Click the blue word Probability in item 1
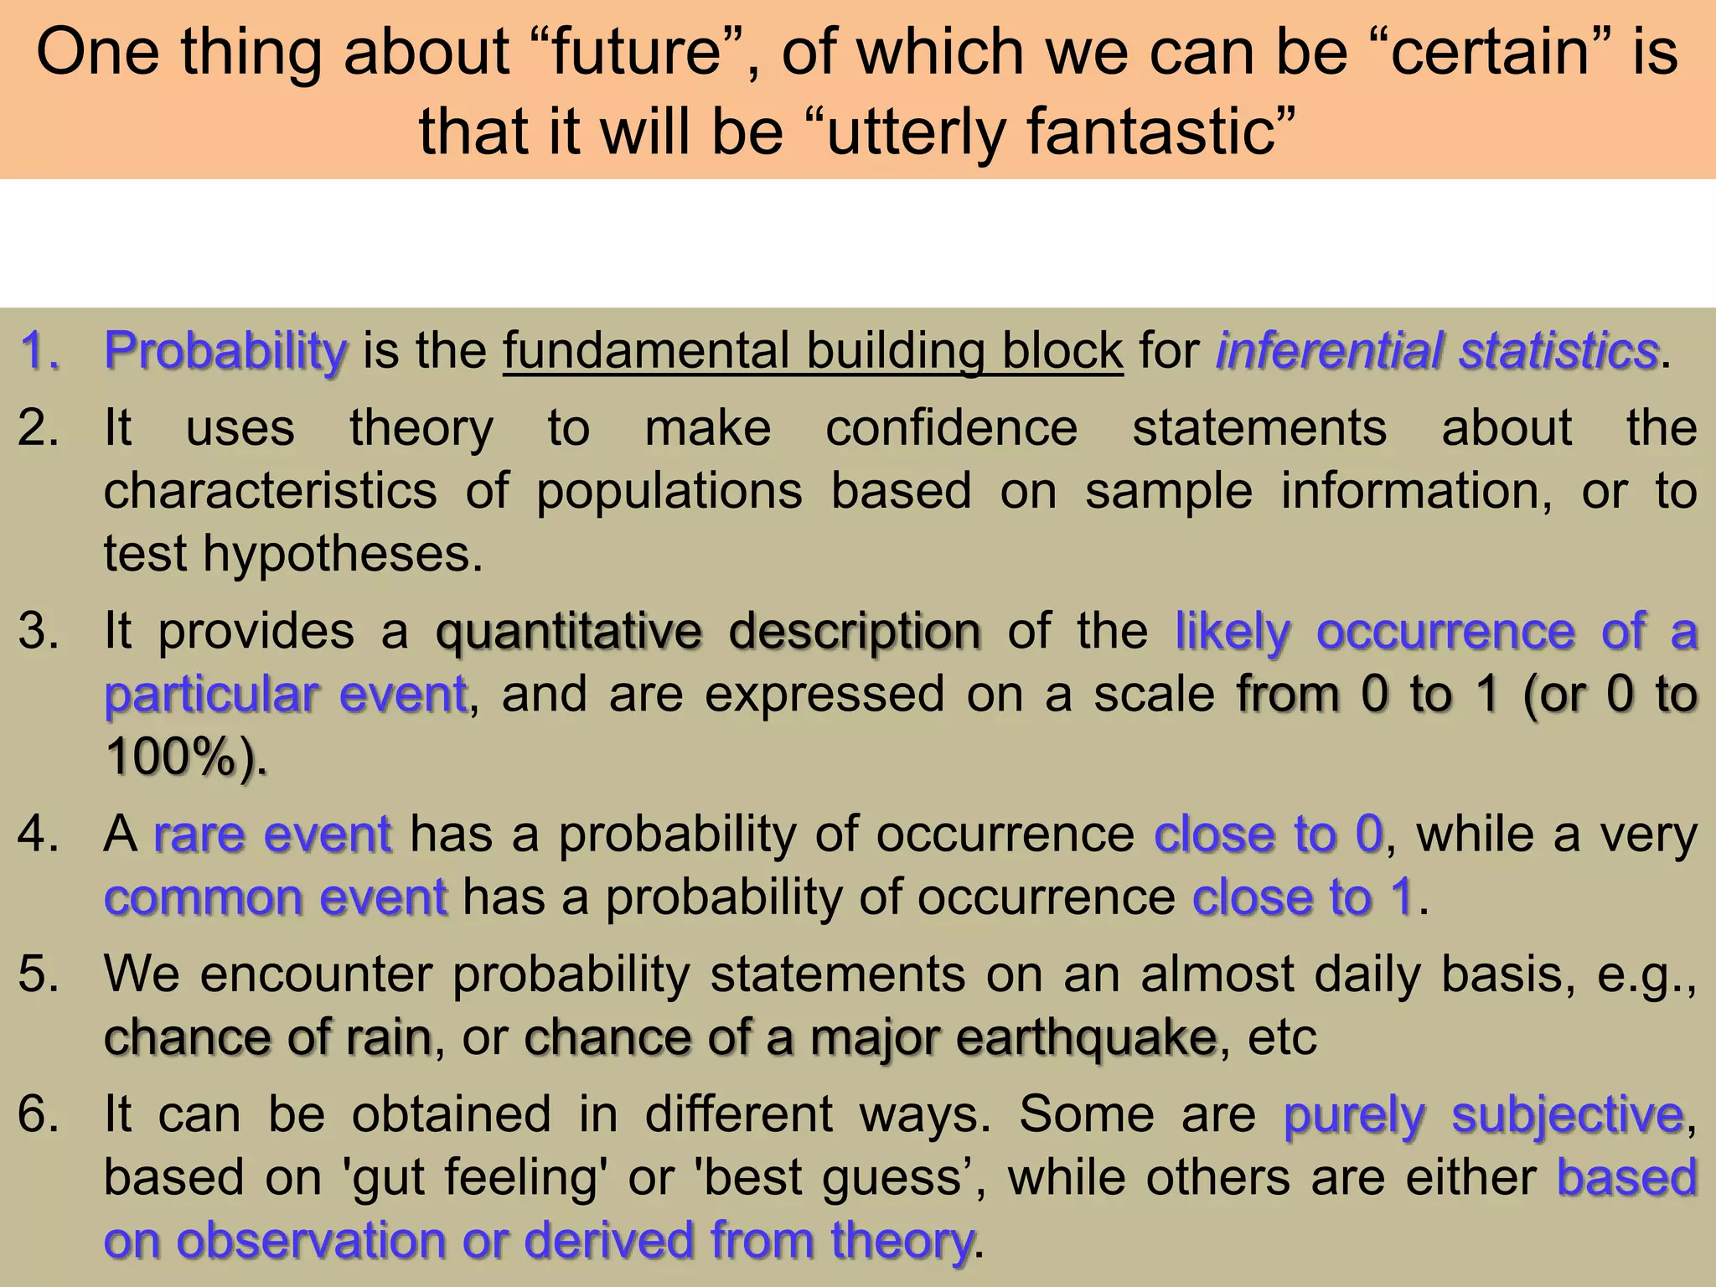225,350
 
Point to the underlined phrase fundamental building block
813,350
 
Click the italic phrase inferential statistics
1437,350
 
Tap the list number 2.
38,428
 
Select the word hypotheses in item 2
342,554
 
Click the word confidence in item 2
952,428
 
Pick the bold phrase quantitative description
708,631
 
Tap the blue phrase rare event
272,835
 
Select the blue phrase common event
276,897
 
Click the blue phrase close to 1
1304,897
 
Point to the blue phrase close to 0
1269,835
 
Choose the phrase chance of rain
267,1037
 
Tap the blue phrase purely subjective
1484,1115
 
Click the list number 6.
38,1115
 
